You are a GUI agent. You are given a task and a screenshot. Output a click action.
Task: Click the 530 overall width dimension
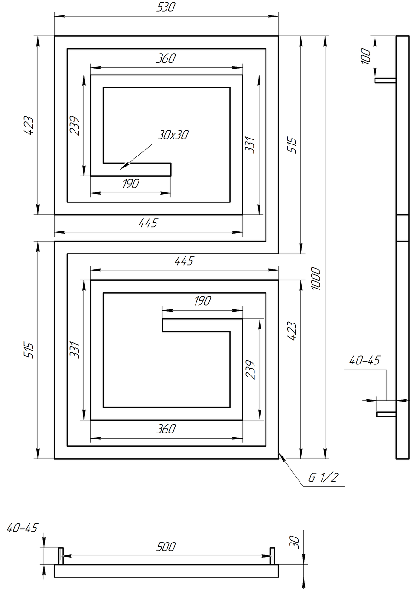point(166,7)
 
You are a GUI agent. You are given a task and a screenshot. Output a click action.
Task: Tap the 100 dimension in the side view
point(366,56)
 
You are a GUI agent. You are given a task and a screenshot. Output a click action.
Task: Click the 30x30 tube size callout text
point(173,135)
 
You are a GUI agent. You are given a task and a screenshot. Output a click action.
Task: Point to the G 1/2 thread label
point(323,477)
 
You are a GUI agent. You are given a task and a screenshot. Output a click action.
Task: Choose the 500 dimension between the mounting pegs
point(166,547)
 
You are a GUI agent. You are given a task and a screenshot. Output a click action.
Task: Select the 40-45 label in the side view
point(364,360)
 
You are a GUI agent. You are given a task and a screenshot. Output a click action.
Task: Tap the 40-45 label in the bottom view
point(22,528)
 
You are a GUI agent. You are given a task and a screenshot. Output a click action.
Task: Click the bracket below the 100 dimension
point(386,80)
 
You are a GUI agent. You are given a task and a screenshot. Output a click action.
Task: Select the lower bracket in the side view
point(387,414)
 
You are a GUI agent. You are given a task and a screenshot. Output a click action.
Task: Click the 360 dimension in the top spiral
point(166,58)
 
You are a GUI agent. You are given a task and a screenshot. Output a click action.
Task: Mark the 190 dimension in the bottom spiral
point(202,301)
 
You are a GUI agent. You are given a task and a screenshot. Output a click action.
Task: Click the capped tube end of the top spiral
point(171,170)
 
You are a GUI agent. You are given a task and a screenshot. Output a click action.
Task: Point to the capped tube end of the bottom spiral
point(162,325)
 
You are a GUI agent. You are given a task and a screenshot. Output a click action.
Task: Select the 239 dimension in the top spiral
point(75,126)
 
